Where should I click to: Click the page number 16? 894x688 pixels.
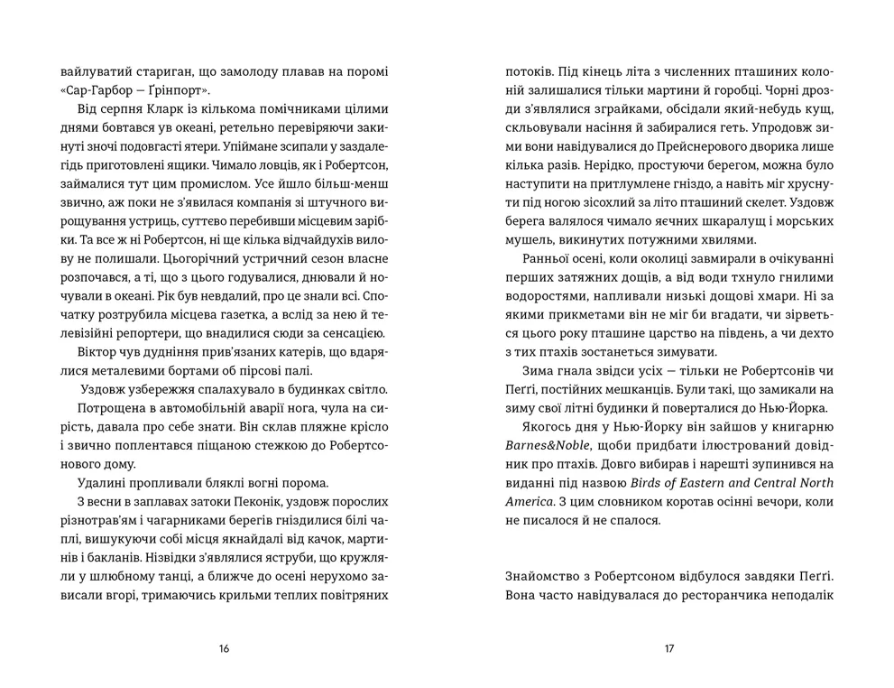[x=225, y=648]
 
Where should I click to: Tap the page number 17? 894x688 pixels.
[x=668, y=648]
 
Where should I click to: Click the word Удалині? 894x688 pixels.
[x=103, y=481]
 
